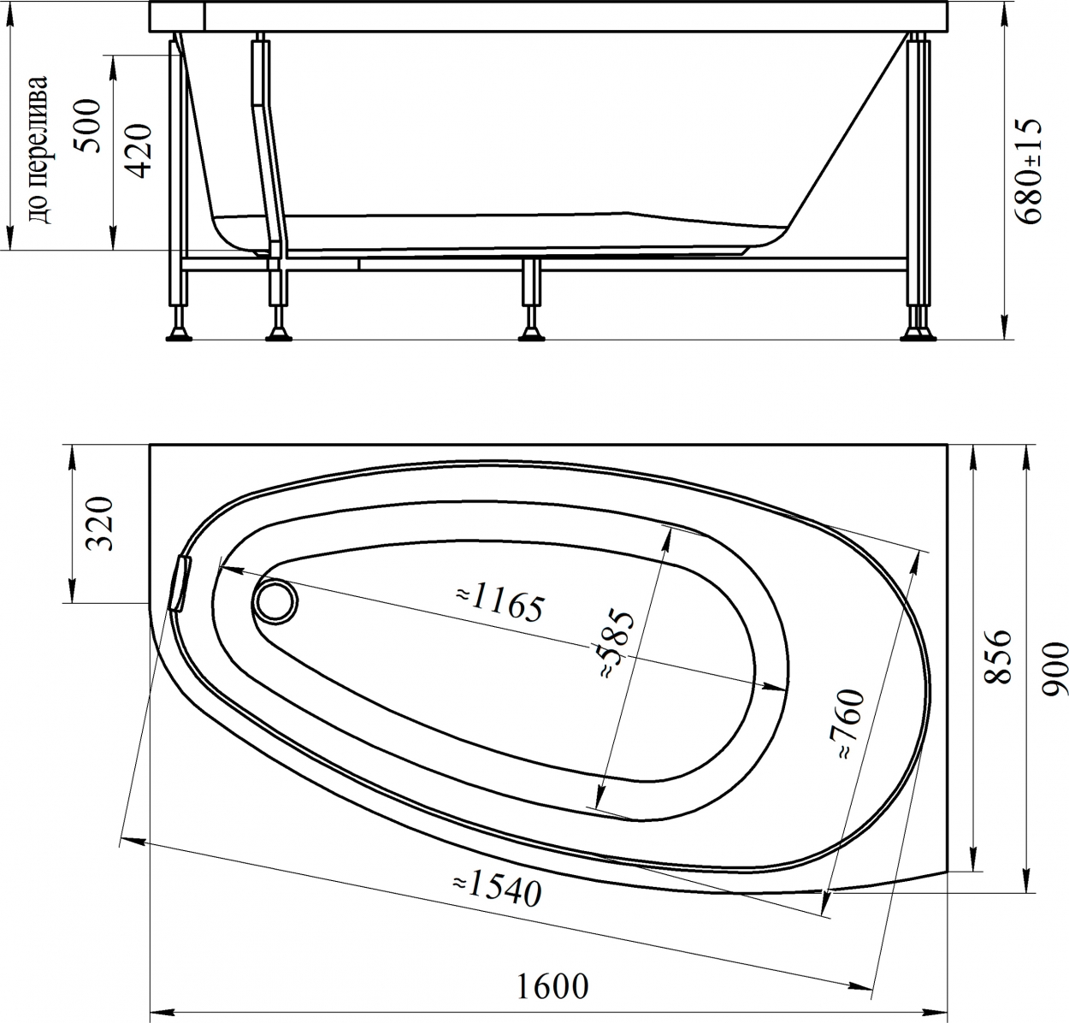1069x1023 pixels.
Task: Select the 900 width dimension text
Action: pos(1054,669)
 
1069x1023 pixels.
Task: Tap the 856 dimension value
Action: pos(997,657)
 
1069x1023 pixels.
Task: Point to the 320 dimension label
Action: pos(101,523)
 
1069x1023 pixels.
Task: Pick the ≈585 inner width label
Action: pos(617,644)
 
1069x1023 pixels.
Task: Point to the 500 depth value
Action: pos(88,125)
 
